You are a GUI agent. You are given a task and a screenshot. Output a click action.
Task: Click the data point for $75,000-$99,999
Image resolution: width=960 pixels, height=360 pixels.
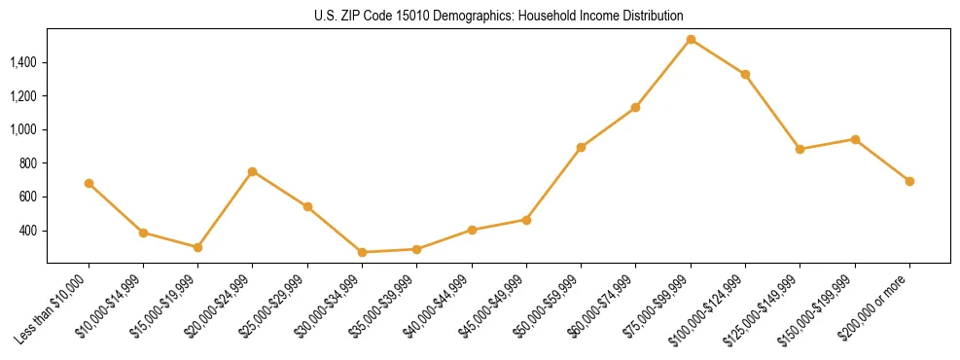point(691,40)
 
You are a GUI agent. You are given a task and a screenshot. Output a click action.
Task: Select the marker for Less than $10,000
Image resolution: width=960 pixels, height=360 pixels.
point(89,183)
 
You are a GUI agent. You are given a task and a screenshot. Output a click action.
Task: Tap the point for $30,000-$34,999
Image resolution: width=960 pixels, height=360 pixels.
point(362,252)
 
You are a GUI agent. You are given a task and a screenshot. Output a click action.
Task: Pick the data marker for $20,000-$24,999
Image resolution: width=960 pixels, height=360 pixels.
point(253,171)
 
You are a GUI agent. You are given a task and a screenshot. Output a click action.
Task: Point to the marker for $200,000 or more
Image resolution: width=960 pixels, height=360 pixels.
point(909,181)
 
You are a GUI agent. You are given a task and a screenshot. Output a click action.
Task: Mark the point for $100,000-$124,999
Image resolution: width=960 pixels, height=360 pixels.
point(745,74)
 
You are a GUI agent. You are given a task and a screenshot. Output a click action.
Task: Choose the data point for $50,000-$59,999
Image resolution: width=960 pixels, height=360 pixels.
point(581,147)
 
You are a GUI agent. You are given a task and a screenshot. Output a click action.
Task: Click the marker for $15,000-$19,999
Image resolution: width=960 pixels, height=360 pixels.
point(197,247)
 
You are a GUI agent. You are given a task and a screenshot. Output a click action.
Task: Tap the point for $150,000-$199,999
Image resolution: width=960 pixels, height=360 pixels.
point(855,139)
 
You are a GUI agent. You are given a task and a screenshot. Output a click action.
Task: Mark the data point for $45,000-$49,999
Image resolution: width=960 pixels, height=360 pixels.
point(526,220)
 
